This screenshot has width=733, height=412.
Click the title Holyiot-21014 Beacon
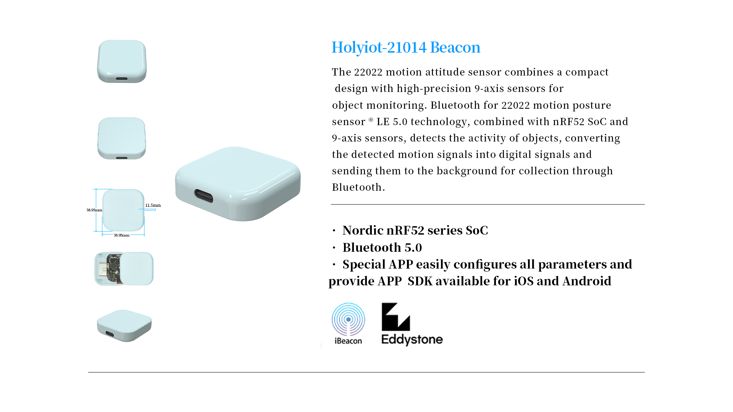tap(406, 47)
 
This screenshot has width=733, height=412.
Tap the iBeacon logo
tap(348, 324)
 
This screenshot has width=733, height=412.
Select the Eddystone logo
tap(412, 324)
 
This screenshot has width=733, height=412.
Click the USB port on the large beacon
tap(204, 196)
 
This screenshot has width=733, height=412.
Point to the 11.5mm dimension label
tap(153, 205)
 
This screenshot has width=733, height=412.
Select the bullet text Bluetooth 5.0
tap(382, 248)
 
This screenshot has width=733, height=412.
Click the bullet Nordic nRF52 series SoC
tap(415, 230)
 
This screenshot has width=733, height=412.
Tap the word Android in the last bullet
tap(587, 281)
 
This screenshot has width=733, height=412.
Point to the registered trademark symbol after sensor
tap(371, 120)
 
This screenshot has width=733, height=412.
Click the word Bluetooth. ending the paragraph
tap(358, 187)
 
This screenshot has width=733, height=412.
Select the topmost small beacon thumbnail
tap(122, 61)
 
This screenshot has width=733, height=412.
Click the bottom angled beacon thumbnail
tap(124, 325)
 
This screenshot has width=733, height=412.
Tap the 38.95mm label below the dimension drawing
tap(121, 235)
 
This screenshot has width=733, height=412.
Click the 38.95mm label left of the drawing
tap(94, 210)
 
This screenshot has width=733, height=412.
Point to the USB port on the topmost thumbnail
tap(122, 79)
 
